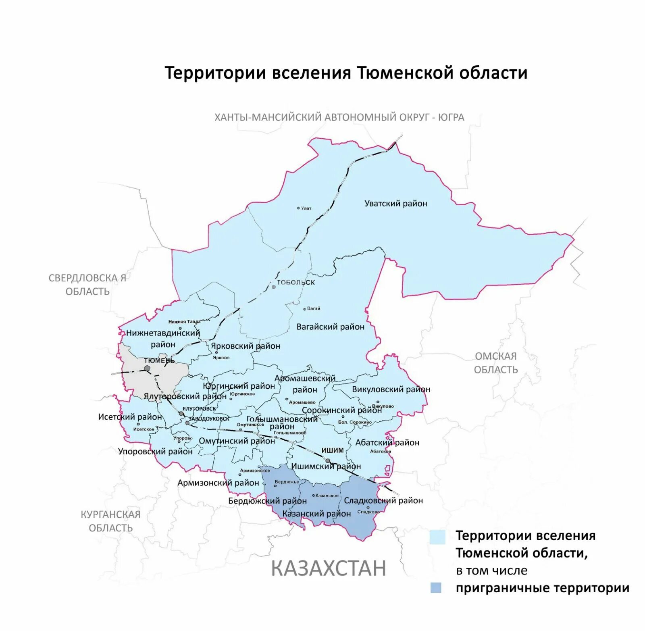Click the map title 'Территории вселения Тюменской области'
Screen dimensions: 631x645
tap(346, 73)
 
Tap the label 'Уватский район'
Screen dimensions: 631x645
tap(395, 204)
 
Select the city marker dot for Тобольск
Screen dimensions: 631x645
tap(274, 287)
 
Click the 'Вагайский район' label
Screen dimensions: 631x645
tap(330, 327)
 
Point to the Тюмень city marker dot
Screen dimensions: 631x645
tap(148, 369)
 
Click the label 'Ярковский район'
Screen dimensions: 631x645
tap(245, 346)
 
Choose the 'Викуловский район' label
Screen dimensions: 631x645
tap(391, 389)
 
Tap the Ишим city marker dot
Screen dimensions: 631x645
tap(328, 461)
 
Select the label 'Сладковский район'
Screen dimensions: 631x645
tap(383, 501)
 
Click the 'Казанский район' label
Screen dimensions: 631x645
tap(316, 514)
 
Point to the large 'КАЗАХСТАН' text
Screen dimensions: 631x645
tap(328, 568)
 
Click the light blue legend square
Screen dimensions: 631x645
tap(437, 537)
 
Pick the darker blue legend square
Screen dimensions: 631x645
tap(436, 588)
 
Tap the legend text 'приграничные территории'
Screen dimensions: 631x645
tap(542, 588)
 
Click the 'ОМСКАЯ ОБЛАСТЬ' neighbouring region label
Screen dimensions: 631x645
tap(495, 363)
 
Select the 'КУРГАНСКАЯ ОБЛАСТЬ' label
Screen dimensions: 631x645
tap(110, 521)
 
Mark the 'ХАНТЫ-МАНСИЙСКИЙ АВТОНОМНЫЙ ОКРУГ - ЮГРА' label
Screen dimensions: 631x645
tap(339, 117)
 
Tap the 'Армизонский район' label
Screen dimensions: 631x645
tap(218, 483)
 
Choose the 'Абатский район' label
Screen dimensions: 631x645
tap(387, 443)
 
